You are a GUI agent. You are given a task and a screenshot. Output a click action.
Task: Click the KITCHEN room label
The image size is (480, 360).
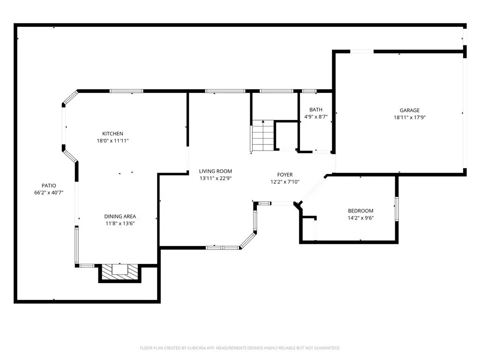point(112,134)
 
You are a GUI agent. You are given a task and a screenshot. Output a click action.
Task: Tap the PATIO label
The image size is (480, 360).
point(49,186)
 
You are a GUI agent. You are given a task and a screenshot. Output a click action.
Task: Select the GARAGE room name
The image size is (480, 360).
point(410,110)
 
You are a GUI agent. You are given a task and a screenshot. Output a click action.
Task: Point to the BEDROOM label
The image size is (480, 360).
point(360,210)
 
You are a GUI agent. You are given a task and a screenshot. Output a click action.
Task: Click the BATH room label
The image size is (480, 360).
point(316,110)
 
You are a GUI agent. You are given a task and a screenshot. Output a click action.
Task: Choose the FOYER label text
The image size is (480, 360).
point(285,174)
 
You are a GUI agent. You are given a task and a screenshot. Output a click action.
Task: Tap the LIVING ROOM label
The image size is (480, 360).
point(216,171)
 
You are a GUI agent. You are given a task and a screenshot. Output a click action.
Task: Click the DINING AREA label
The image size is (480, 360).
point(120,216)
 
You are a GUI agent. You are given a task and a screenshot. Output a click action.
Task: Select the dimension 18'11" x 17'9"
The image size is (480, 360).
point(410,117)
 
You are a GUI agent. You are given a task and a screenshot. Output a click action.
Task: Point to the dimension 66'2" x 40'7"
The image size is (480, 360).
point(49,193)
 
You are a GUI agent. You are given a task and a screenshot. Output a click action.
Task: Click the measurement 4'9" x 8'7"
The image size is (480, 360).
point(316,117)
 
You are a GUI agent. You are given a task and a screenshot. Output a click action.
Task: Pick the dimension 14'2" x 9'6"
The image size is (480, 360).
point(360,218)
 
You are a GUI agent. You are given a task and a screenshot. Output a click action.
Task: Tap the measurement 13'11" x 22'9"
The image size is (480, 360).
point(216,178)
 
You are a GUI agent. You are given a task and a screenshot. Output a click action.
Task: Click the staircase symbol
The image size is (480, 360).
point(263,136)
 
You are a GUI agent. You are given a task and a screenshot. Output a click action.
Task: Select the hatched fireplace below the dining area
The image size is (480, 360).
point(120,272)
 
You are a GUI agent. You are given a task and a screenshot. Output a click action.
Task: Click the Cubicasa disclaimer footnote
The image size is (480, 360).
point(240,348)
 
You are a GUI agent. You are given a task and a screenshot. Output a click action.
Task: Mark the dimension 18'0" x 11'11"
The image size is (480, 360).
point(112,141)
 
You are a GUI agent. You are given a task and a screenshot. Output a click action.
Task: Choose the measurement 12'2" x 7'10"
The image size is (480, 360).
point(285,182)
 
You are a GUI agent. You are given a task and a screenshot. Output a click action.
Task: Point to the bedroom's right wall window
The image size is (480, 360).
point(397,209)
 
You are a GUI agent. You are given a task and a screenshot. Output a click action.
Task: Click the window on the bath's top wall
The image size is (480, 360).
point(309,91)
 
